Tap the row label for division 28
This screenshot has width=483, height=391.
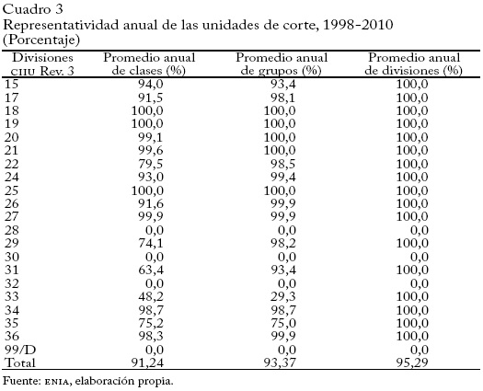pos(13,229)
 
